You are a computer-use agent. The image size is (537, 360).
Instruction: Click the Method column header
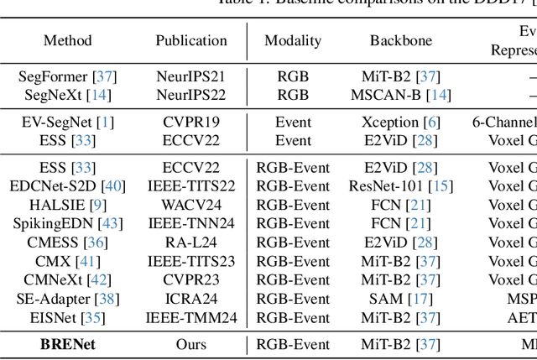68,40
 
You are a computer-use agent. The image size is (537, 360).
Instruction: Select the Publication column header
191,40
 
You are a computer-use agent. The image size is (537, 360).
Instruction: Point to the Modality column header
293,40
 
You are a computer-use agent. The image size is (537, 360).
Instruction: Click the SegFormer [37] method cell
68,76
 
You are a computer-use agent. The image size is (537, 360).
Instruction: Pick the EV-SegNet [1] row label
68,122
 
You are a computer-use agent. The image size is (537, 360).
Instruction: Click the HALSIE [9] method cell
68,205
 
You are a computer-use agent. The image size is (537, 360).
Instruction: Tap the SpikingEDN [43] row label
68,224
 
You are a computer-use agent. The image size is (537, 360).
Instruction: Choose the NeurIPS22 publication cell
191,95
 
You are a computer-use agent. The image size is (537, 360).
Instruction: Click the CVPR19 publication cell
191,122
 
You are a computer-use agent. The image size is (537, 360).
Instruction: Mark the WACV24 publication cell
191,205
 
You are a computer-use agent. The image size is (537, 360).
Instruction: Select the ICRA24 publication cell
191,298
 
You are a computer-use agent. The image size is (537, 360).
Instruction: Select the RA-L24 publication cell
191,243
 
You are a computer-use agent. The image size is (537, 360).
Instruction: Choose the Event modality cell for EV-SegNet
293,122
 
